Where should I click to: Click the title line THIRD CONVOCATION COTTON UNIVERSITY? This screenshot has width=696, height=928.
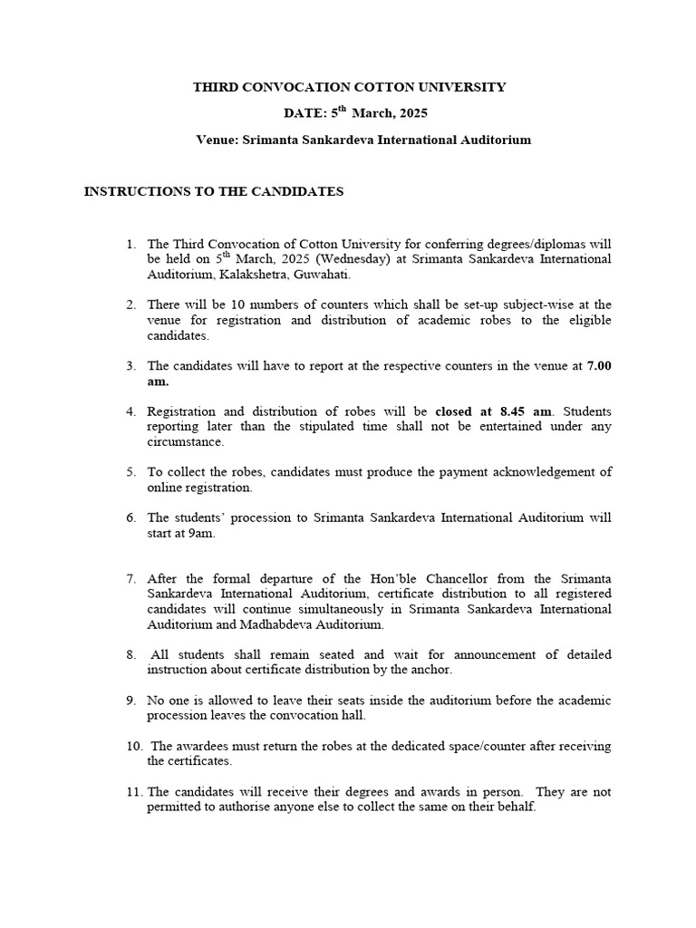(349, 87)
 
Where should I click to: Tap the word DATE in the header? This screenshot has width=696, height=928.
(303, 114)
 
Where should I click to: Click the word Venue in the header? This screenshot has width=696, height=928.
(217, 140)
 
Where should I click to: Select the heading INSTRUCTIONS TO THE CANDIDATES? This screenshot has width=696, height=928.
(214, 192)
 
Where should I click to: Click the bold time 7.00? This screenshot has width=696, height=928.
(599, 366)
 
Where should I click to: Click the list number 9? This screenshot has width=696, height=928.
(131, 701)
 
